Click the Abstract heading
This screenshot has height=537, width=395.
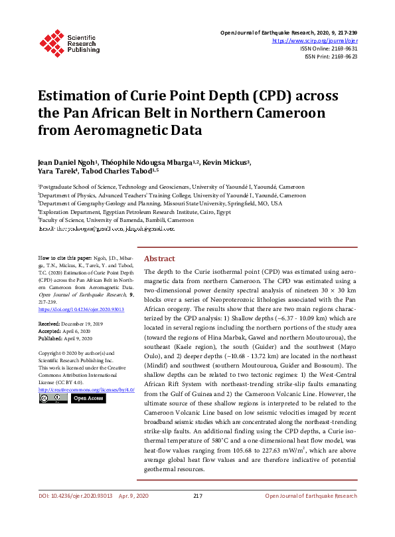[159, 259]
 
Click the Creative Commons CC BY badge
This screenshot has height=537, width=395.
[53, 397]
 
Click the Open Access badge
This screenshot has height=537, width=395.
[88, 397]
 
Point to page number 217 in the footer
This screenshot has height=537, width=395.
[197, 514]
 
